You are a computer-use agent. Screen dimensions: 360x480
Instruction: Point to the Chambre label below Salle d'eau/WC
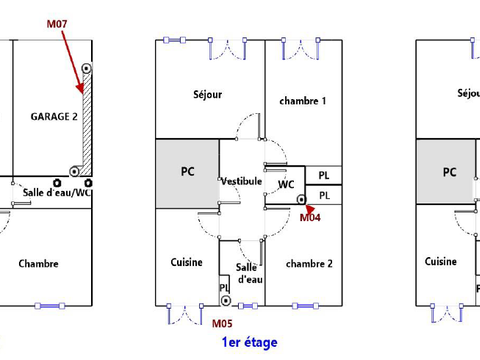38,264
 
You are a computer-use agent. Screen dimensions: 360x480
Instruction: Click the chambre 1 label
303,101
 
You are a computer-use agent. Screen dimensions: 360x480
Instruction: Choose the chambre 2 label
308,263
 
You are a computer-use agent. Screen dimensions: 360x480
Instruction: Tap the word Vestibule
241,181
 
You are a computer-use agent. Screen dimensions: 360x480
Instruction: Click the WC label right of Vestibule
286,184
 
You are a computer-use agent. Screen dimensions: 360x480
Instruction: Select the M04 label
311,216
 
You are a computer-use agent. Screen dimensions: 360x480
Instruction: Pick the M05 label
222,323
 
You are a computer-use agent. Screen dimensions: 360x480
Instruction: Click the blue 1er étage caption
250,342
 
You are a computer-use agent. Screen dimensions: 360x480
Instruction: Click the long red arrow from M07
74,60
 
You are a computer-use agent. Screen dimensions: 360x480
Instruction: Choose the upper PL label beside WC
324,176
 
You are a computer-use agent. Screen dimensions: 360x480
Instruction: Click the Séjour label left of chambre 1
207,95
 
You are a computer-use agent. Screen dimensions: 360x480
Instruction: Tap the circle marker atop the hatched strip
87,69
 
